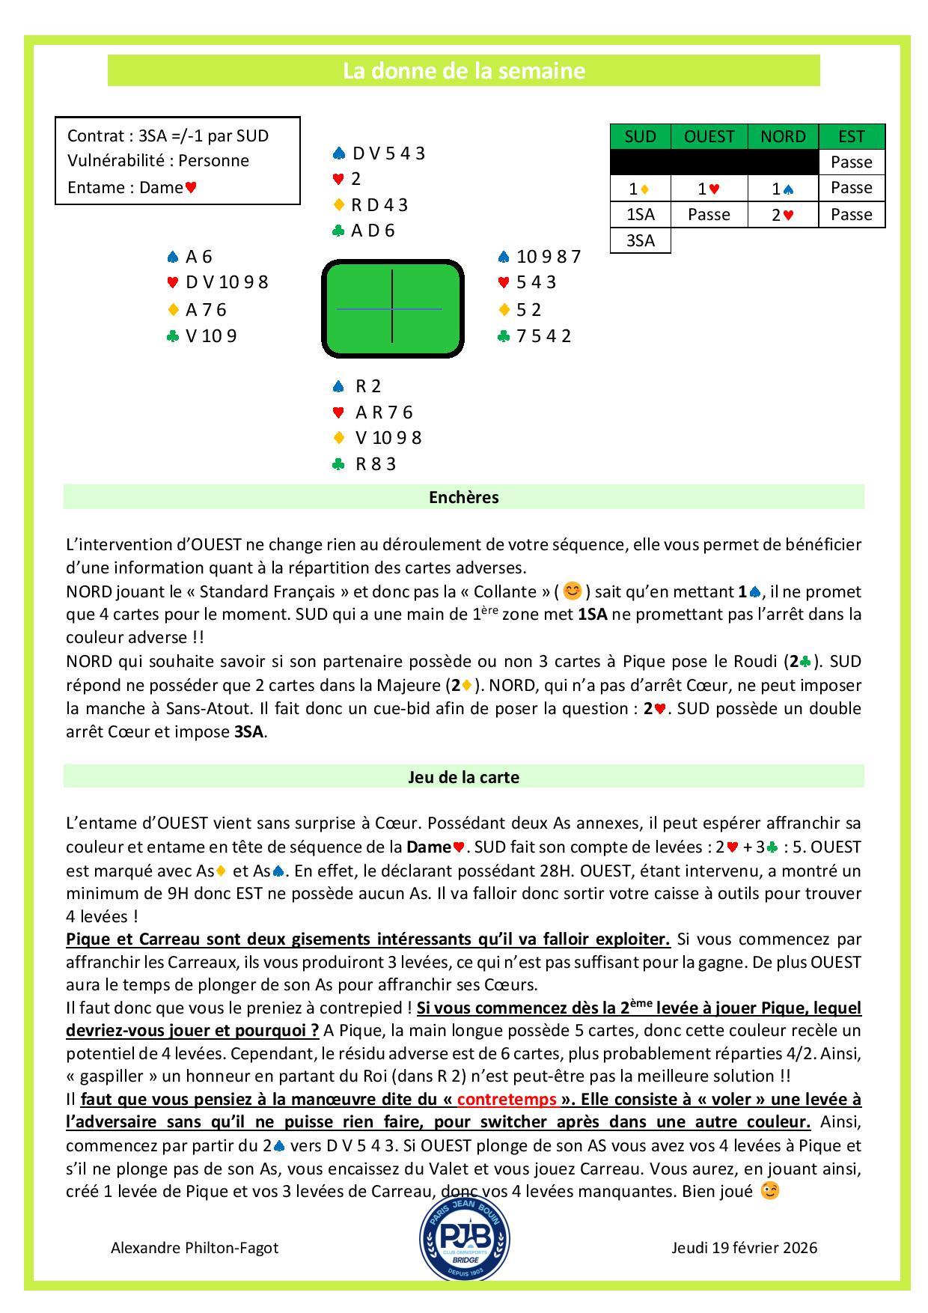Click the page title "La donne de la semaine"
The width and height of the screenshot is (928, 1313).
[463, 71]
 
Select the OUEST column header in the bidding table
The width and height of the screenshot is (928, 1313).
[709, 136]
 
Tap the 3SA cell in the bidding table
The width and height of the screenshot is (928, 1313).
[640, 240]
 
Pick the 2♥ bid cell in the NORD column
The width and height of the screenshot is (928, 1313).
[783, 215]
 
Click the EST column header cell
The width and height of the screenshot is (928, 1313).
[852, 136]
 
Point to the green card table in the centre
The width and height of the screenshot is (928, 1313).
[392, 308]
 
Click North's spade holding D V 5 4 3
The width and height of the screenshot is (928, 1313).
[388, 153]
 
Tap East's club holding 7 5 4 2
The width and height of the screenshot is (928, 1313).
[543, 335]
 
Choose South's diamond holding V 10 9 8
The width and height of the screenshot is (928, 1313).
[388, 438]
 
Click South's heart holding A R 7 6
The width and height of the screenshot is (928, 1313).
[383, 412]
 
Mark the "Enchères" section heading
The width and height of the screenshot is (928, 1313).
[463, 497]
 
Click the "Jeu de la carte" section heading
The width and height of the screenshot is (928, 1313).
[463, 777]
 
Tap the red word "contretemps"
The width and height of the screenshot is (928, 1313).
[507, 1099]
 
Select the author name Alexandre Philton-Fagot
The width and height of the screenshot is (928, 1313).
[195, 1247]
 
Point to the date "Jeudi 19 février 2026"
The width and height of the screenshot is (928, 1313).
[744, 1247]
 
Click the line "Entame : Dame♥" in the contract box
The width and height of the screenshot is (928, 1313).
[132, 187]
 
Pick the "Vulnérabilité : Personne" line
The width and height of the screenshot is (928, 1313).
[158, 160]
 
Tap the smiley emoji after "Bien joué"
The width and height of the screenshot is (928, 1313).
[769, 1190]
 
